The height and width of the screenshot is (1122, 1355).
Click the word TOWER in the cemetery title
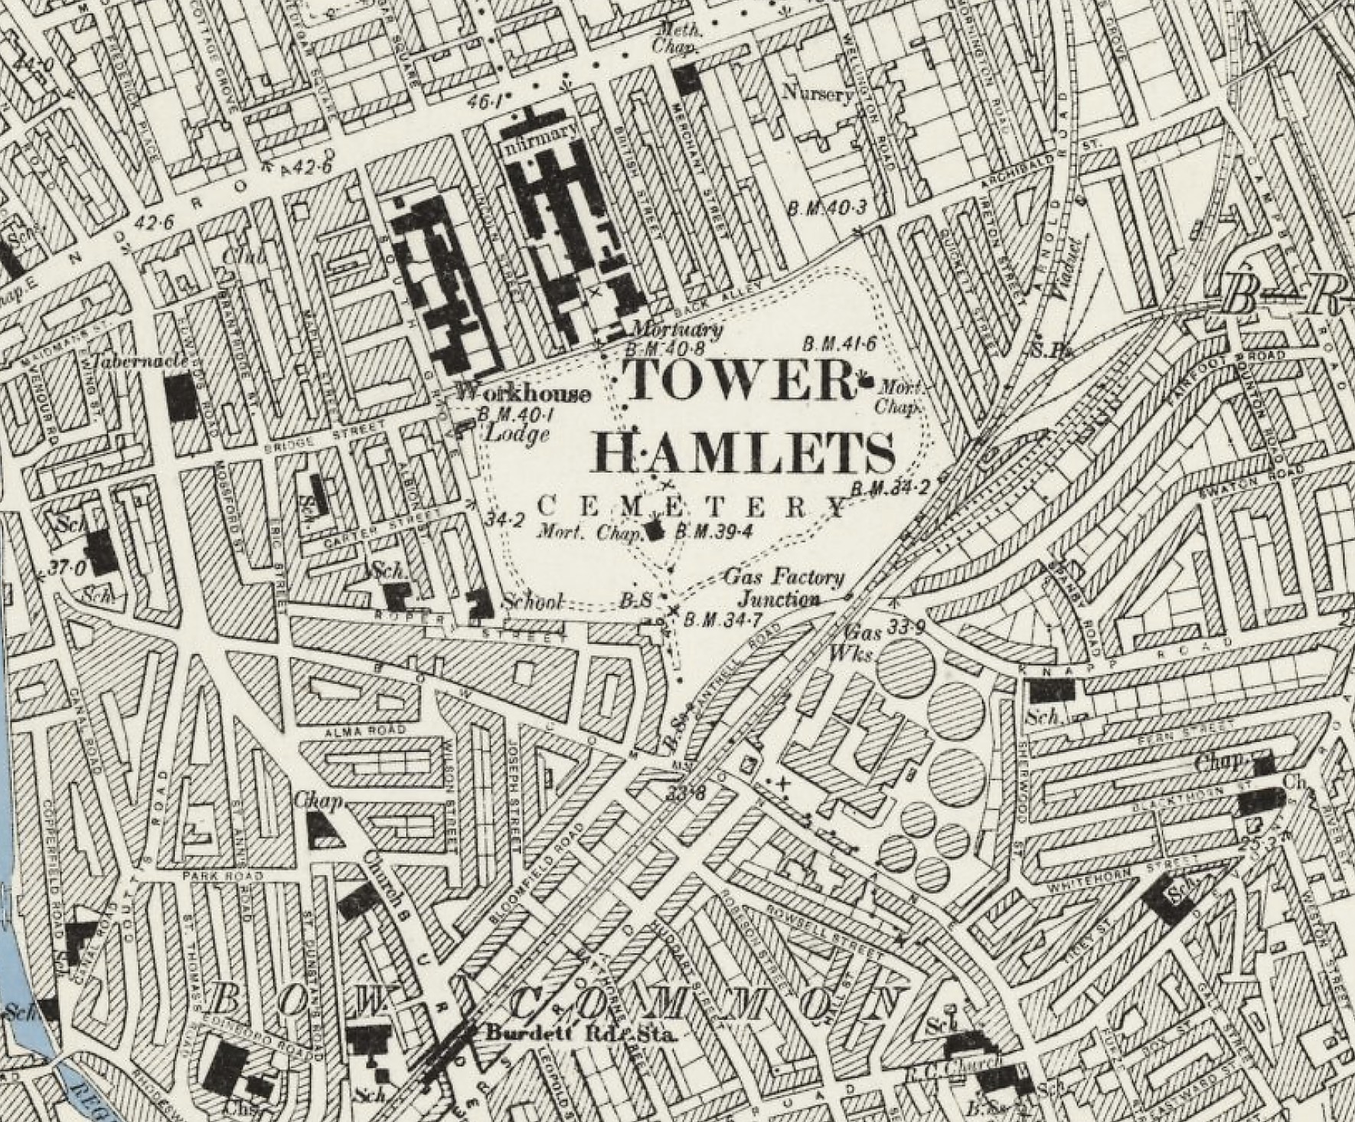click(739, 379)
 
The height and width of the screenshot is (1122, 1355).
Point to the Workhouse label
click(524, 394)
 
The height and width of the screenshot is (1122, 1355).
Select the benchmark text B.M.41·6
click(839, 344)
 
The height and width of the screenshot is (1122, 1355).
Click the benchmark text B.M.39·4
click(710, 531)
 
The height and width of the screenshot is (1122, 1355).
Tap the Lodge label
click(518, 434)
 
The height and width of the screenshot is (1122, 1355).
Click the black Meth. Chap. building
click(687, 78)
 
